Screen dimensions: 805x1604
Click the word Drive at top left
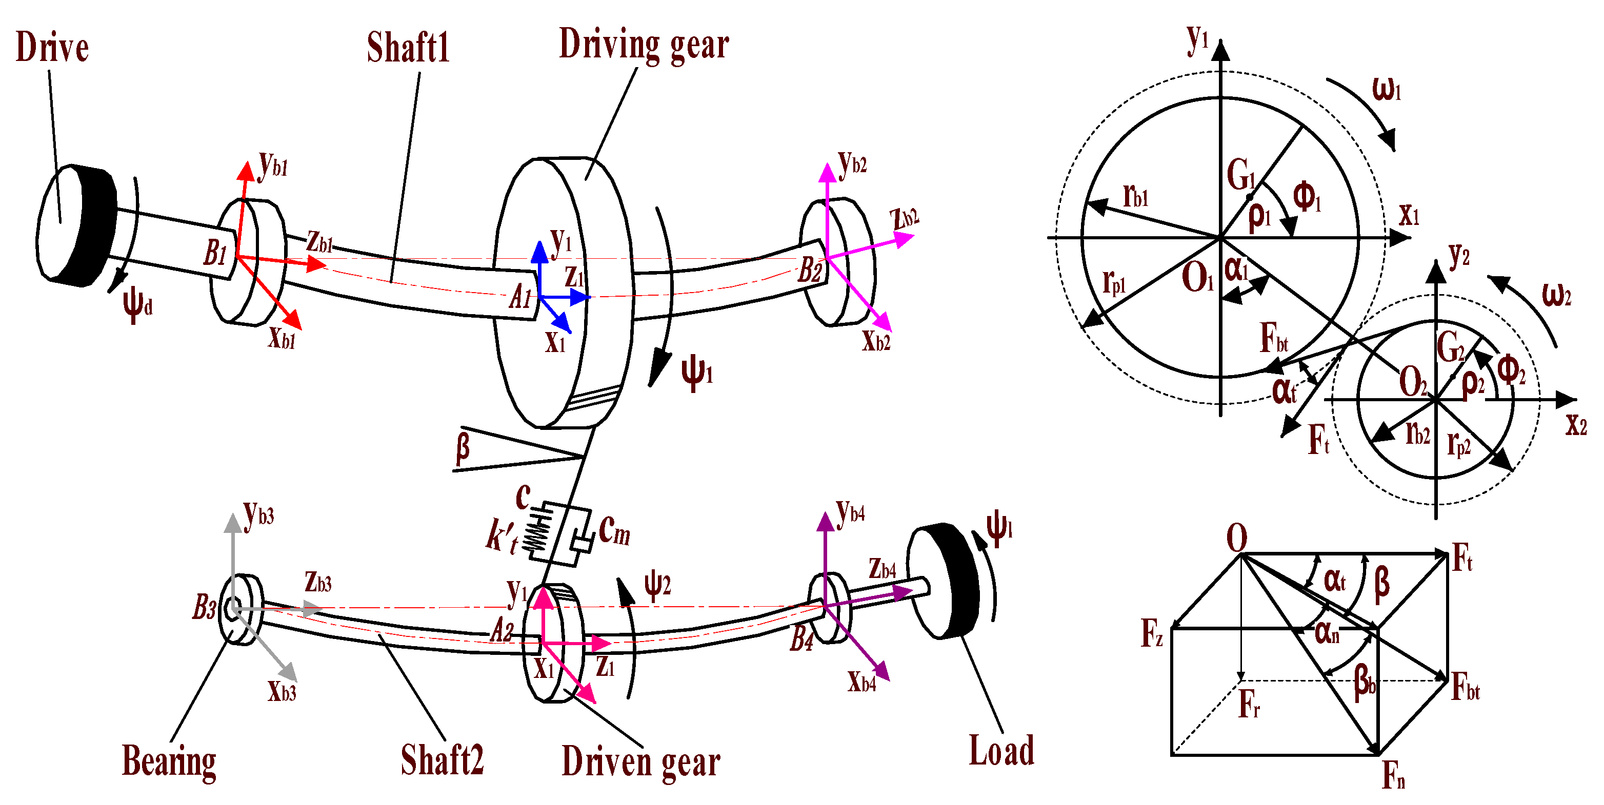pos(52,47)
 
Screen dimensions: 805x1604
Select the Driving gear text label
pos(644,45)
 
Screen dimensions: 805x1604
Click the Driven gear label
pos(641,761)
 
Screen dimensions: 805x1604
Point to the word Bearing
pos(169,761)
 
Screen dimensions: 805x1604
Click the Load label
pos(1001,750)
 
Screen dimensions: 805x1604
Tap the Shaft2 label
pos(442,760)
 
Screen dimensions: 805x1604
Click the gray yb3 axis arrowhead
pos(233,523)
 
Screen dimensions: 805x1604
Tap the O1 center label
pos(1197,277)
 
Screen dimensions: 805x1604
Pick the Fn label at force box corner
pos(1394,775)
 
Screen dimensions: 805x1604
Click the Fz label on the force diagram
pos(1151,633)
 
